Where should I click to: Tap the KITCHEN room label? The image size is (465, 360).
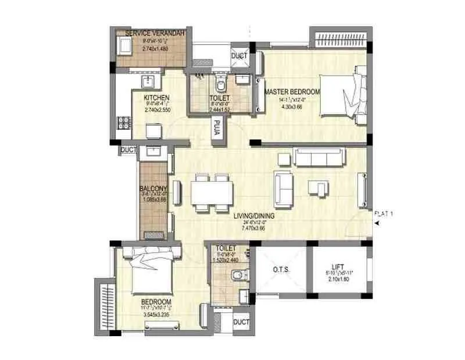click(157, 98)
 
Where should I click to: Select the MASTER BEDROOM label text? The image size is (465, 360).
click(292, 92)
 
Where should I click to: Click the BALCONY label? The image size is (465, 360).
click(153, 188)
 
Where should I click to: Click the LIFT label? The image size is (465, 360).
click(339, 263)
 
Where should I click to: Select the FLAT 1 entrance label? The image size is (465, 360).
click(384, 214)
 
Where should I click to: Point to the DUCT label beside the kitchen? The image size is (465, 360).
click(128, 150)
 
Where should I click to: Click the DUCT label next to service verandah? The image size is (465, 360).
click(239, 56)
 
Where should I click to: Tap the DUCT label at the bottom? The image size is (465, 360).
click(241, 322)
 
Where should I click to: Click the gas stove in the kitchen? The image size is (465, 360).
click(123, 123)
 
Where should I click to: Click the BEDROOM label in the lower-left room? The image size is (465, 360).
click(156, 302)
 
